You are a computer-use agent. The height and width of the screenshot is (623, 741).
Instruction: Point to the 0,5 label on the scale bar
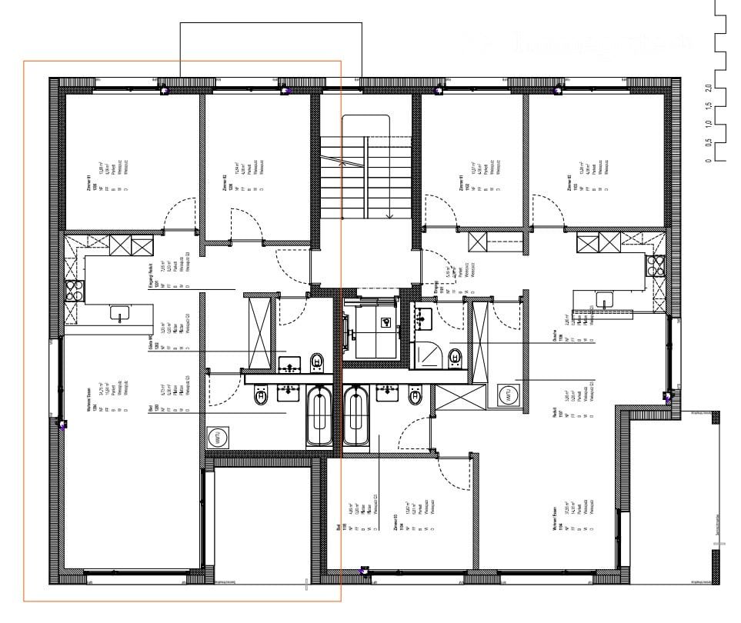pos(708,142)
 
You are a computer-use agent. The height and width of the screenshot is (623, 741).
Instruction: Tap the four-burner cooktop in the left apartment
pos(75,290)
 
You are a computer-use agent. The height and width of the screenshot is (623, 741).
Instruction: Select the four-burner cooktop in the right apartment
pos(656,265)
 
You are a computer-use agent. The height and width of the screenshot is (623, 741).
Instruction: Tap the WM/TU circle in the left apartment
pos(217,438)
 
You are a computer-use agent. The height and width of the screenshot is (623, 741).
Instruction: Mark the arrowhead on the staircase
pos(390,215)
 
